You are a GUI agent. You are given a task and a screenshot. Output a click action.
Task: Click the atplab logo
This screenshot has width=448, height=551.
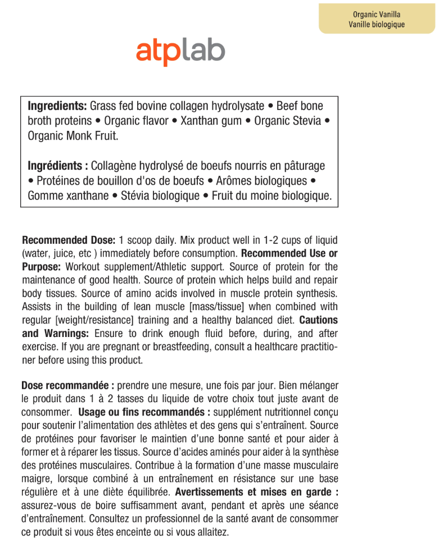(180, 52)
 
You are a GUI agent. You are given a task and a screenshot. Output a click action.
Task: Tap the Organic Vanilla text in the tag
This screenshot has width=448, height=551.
(377, 15)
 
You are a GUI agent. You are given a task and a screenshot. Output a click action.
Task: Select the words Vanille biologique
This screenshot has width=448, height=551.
(377, 25)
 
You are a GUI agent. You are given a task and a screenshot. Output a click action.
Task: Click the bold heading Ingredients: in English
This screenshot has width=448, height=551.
(57, 106)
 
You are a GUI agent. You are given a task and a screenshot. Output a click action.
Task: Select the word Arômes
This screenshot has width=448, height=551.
(234, 181)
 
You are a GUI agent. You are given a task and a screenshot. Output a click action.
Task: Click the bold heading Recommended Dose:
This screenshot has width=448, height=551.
(69, 240)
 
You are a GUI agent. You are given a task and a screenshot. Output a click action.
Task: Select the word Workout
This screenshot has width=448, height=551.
(84, 267)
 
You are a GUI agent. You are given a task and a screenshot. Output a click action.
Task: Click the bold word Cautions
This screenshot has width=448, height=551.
(319, 321)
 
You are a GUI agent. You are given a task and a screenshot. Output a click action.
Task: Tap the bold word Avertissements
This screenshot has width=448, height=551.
(209, 493)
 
